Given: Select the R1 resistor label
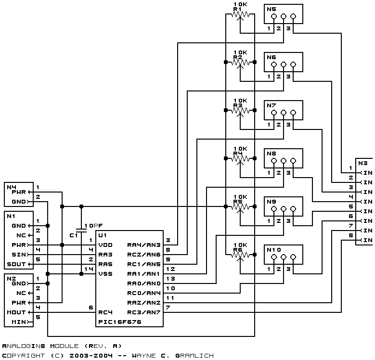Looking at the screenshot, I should (x=237, y=9).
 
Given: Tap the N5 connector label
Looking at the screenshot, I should (x=271, y=9).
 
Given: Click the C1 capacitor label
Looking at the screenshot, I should (x=74, y=235).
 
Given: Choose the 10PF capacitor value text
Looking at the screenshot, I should (x=93, y=226).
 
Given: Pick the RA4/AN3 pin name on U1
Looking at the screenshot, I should (x=143, y=245).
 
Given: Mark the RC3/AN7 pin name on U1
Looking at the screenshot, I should (x=143, y=312).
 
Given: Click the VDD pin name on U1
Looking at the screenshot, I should (x=105, y=245).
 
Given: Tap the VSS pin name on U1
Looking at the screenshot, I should (x=105, y=274).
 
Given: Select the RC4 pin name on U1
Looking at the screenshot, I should (x=105, y=312).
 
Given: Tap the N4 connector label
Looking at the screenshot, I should (x=11, y=186).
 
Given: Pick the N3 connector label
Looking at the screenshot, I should (x=362, y=163).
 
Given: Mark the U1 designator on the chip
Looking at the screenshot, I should (x=102, y=235).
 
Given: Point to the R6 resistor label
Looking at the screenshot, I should (x=237, y=250).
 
